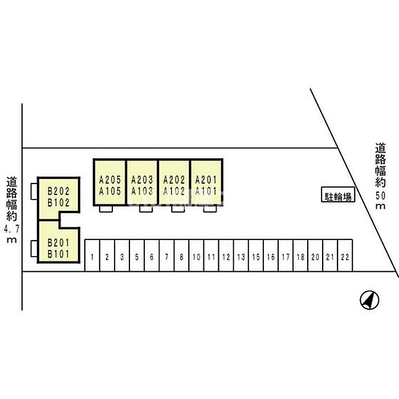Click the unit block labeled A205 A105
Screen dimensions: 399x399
tap(110, 182)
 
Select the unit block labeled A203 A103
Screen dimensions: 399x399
tap(142, 182)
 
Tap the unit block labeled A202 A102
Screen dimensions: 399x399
tap(174, 182)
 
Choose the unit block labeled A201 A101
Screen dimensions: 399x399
tap(206, 182)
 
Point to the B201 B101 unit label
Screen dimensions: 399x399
tap(58, 247)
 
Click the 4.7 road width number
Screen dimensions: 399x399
tap(11, 230)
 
